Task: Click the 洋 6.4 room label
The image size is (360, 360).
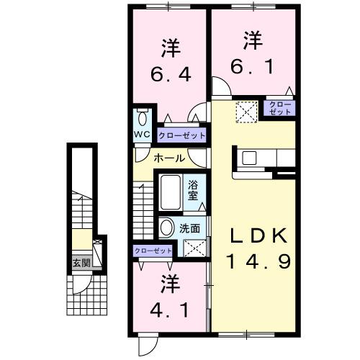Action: [x=171, y=60]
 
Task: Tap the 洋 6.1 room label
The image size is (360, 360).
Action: [x=251, y=53]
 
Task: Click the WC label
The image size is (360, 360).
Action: [x=140, y=134]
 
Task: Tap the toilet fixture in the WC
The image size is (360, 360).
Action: [x=141, y=118]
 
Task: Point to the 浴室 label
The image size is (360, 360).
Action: [x=193, y=190]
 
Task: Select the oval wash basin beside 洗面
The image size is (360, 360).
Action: [x=167, y=228]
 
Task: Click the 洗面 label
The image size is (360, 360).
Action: [x=192, y=229]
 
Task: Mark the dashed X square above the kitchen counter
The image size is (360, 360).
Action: [x=247, y=112]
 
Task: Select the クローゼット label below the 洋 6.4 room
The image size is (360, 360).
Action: [x=181, y=135]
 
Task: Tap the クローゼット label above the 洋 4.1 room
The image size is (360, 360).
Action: [x=153, y=251]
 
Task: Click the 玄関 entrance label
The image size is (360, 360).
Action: [x=80, y=263]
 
